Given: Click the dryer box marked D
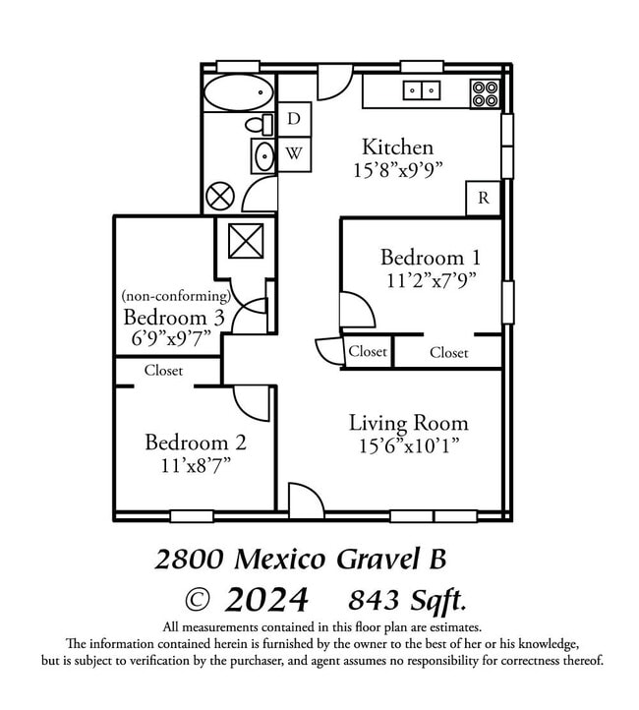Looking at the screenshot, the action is (294, 119).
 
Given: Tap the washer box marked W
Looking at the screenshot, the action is (294, 154).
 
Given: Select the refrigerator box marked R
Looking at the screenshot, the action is (484, 198).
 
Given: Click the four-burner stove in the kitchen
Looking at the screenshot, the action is (485, 93).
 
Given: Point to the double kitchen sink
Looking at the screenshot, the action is (422, 90).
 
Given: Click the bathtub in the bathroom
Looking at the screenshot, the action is (239, 92).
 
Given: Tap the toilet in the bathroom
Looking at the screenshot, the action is (260, 125).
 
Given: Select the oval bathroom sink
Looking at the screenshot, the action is (263, 156).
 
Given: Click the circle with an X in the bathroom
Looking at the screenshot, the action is (220, 197).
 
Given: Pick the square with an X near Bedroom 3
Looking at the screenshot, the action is (246, 241).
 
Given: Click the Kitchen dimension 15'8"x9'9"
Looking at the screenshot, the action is (397, 171).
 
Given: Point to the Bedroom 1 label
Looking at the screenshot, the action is (430, 258).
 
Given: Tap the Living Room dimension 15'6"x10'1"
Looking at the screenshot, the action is (409, 446).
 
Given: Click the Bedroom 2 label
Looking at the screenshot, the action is (196, 443).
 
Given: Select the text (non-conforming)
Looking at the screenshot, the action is (177, 296).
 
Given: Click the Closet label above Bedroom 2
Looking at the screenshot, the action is (163, 371).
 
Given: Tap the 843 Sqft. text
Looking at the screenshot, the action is (407, 601).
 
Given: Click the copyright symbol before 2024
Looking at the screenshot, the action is (198, 601).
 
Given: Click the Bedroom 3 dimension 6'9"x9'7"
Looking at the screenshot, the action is (171, 338).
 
